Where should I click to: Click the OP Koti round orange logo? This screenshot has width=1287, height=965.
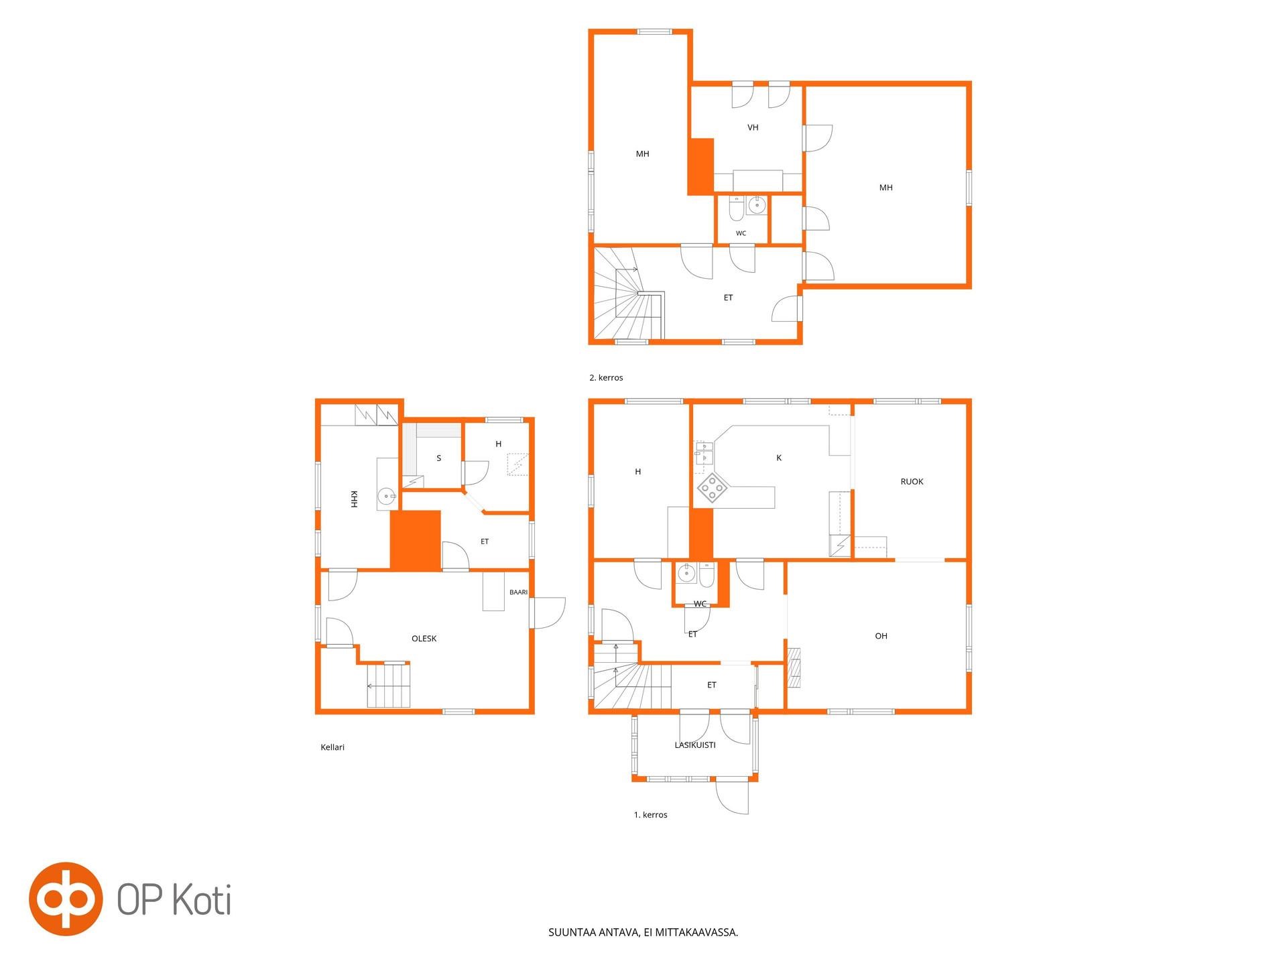66,899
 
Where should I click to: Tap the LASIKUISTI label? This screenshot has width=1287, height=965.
695,745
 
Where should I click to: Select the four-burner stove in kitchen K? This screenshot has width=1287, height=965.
712,488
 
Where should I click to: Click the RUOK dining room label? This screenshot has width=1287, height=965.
912,482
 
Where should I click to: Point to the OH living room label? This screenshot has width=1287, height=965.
881,636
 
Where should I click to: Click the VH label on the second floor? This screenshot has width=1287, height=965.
753,127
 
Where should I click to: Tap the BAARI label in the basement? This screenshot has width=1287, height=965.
518,592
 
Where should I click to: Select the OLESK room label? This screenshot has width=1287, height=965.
424,639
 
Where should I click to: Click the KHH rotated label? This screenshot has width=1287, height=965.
353,499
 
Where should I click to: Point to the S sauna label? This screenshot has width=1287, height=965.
439,458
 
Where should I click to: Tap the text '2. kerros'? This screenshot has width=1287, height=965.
606,378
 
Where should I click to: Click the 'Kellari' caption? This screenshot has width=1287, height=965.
332,747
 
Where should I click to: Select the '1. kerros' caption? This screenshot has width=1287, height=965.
650,815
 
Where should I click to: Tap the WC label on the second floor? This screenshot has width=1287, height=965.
741,233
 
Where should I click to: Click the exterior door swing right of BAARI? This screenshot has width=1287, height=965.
548,613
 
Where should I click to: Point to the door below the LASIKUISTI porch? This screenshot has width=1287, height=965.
732,797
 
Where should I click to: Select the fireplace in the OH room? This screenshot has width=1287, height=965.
794,668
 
